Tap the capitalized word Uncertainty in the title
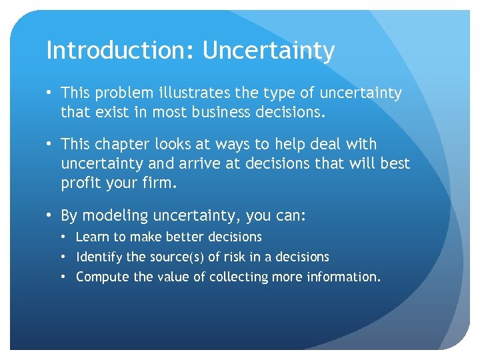click(x=269, y=50)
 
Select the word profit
click(x=81, y=182)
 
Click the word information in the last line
click(x=344, y=277)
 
